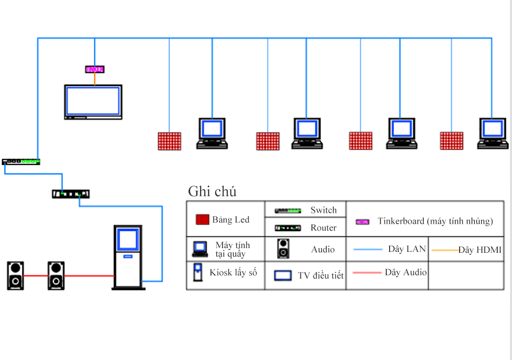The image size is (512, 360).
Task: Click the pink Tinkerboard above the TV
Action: tap(94, 70)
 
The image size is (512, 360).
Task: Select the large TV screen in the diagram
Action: tap(93, 101)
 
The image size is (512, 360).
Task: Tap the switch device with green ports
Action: tap(21, 162)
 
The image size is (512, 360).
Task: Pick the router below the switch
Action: tap(70, 194)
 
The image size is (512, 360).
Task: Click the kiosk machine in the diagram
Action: tap(128, 257)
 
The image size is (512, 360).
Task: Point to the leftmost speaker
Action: tap(15, 275)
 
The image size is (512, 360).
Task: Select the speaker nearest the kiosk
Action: tap(56, 275)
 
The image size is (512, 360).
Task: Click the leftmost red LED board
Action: tap(170, 141)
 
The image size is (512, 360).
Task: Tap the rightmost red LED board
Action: tap(451, 141)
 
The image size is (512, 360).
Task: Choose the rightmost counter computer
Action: tap(492, 133)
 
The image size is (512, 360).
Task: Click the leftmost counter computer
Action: tap(212, 133)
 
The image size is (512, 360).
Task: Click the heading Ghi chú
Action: tap(212, 191)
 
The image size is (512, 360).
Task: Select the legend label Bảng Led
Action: tap(231, 220)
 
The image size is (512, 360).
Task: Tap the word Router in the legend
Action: tap(323, 228)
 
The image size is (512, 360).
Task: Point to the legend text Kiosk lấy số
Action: tap(233, 272)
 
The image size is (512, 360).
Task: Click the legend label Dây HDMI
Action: tap(480, 250)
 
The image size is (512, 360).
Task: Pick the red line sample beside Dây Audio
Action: tap(367, 273)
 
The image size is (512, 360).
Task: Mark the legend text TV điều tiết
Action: tap(321, 276)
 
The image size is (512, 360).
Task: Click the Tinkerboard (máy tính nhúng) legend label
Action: tap(435, 221)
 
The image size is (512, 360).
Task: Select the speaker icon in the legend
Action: tap(283, 249)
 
